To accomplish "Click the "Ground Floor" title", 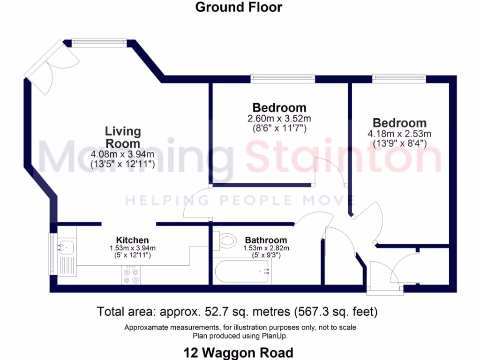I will coord(239,7).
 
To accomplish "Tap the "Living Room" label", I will coord(123,137).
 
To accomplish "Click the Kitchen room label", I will coord(133,240).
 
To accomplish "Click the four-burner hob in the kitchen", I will coord(131,275).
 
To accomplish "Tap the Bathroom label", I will coord(266,240).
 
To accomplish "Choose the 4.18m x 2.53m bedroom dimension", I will coord(399,134).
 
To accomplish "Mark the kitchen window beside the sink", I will coord(51,254).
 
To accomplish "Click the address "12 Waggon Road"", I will coord(239,352).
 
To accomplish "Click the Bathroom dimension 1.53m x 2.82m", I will coord(266,248).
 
